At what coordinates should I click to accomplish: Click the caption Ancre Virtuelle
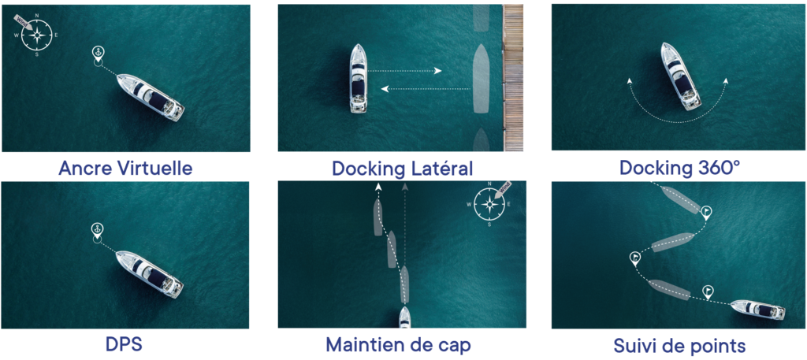(125, 168)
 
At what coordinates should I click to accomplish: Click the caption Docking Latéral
(403, 168)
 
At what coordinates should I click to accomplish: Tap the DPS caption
(125, 344)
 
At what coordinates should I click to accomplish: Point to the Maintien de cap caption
(398, 344)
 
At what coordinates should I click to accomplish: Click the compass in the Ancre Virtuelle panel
(36, 34)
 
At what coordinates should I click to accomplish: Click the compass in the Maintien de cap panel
(489, 204)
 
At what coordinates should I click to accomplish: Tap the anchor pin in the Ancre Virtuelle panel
(97, 54)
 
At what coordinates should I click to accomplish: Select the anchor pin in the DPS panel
(96, 231)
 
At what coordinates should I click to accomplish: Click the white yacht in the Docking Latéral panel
(359, 78)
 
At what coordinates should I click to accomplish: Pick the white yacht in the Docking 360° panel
(680, 76)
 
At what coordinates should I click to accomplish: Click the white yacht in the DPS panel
(149, 274)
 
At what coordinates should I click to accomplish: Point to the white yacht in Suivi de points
(758, 310)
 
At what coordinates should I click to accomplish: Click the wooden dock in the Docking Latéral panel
(512, 78)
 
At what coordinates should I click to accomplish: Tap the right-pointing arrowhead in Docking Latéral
(438, 71)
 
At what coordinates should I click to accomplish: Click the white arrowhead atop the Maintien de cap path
(379, 187)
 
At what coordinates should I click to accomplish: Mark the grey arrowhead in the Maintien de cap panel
(405, 187)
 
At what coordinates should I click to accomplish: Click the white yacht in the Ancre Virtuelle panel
(151, 97)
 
